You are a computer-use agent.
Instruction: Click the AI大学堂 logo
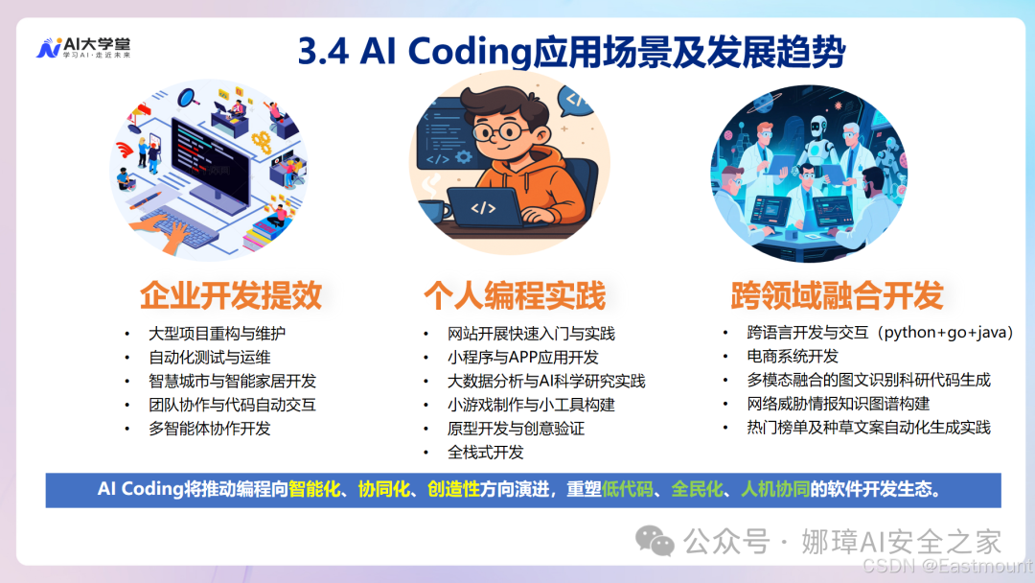pyautogui.click(x=83, y=48)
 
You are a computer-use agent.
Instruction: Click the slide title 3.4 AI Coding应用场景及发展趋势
pyautogui.click(x=571, y=52)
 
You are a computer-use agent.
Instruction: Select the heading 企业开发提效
pyautogui.click(x=231, y=295)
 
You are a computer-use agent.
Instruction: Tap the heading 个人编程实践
pyautogui.click(x=515, y=295)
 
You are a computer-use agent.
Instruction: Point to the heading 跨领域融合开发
pyautogui.click(x=837, y=295)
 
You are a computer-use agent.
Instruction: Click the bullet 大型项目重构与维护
pyautogui.click(x=218, y=334)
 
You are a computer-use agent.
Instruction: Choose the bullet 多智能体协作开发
pyautogui.click(x=210, y=429)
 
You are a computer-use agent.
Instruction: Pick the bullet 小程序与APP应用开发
pyautogui.click(x=523, y=358)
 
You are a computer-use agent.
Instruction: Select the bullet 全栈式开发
pyautogui.click(x=485, y=453)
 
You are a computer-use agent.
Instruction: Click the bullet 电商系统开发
pyautogui.click(x=793, y=356)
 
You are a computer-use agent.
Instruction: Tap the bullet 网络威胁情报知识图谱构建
pyautogui.click(x=839, y=404)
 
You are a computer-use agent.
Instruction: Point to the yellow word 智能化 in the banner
pyautogui.click(x=314, y=489)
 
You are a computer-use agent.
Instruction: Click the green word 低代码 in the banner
pyautogui.click(x=627, y=489)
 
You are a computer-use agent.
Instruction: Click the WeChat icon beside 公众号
pyautogui.click(x=655, y=541)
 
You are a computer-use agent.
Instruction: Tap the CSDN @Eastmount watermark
pyautogui.click(x=948, y=566)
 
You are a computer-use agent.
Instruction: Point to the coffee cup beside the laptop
pyautogui.click(x=436, y=211)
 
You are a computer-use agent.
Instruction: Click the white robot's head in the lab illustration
pyautogui.click(x=818, y=127)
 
